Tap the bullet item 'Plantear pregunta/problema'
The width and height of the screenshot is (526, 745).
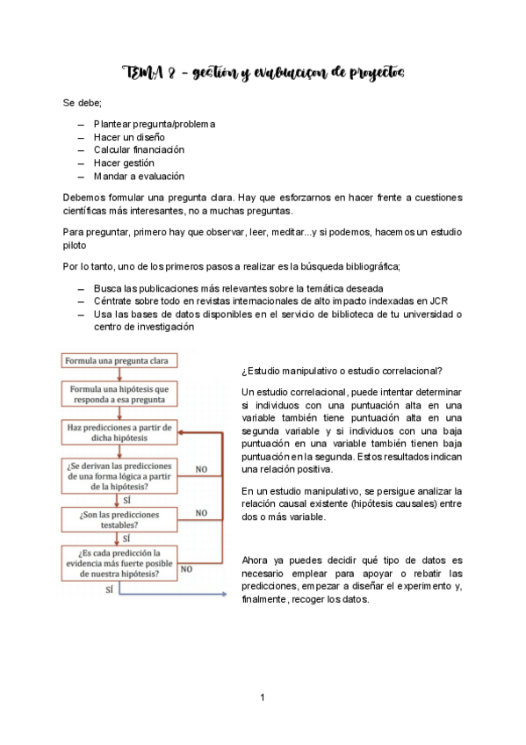154,124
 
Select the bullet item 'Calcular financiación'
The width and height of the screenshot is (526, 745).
139,149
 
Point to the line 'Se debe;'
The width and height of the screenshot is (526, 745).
82,103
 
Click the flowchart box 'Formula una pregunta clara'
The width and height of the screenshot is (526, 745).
119,360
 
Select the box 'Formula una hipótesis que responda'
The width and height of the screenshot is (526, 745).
119,394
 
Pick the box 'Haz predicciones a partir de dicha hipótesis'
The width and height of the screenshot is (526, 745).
119,432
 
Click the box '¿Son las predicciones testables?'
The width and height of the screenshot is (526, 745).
119,518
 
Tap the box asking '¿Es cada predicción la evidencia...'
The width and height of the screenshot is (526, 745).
119,563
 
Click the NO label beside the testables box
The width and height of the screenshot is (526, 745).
201,513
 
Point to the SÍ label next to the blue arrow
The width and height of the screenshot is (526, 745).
109,590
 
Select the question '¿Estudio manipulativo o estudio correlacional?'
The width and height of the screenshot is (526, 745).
341,370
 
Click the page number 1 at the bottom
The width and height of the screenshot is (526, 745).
262,698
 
